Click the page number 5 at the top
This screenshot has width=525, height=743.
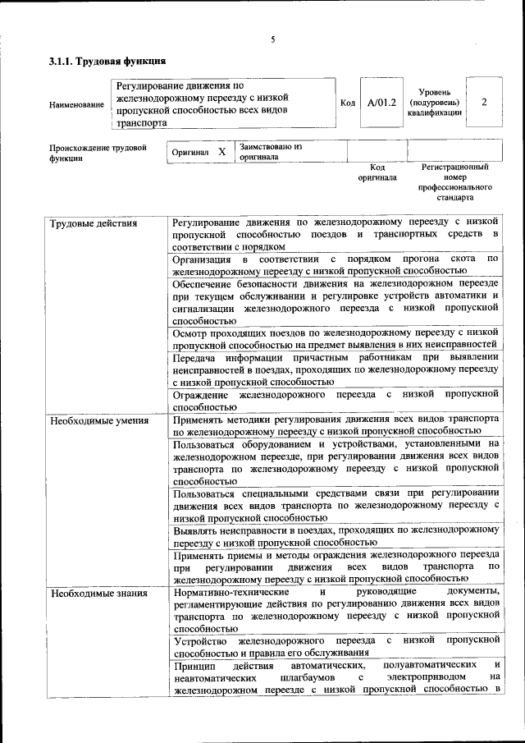tap(272, 39)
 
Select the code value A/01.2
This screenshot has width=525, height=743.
tap(381, 103)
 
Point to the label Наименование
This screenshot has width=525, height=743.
tap(76, 104)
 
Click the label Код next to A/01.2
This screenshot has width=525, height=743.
tap(347, 103)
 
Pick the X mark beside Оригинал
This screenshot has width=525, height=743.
tap(221, 152)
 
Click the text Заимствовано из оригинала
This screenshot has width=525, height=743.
tap(271, 151)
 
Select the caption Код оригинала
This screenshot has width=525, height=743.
tap(377, 172)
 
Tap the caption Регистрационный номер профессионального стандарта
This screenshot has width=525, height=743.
tap(455, 182)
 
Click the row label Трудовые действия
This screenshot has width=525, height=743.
tap(94, 223)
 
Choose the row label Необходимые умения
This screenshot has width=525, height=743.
tap(99, 421)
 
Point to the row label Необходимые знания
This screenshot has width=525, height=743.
tap(98, 594)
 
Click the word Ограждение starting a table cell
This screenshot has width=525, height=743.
tap(200, 394)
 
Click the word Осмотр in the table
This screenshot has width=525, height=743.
tap(192, 333)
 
